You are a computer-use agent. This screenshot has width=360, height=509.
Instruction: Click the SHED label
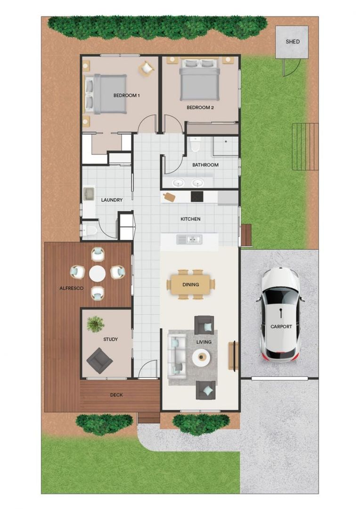[292, 41]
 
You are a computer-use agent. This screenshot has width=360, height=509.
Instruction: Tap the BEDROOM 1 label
[127, 95]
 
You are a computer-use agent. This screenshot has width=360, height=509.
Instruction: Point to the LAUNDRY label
[112, 200]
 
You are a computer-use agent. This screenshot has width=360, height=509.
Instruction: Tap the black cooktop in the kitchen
[196, 196]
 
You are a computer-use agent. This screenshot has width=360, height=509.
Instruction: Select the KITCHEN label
[190, 219]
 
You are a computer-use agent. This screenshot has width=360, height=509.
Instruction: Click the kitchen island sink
[189, 239]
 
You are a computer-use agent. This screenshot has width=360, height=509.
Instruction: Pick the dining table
[191, 284]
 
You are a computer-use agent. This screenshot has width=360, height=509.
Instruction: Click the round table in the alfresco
[98, 273]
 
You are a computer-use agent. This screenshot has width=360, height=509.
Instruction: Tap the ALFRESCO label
[71, 287]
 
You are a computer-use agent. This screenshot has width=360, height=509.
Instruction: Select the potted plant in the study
[95, 323]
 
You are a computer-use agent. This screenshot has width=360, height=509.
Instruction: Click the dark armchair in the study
[99, 361]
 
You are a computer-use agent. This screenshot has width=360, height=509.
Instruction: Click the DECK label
[116, 395]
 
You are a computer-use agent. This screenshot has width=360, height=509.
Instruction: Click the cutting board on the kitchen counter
[168, 197]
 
